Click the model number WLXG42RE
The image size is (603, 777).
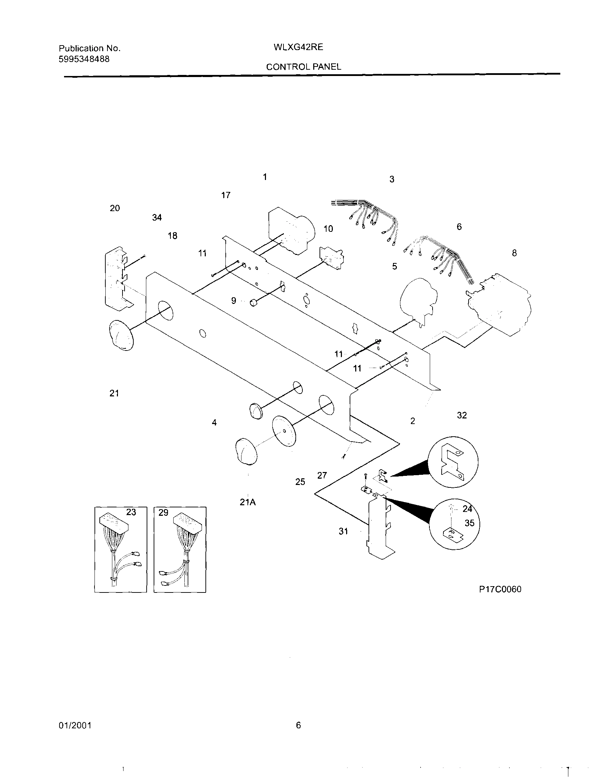[x=298, y=47]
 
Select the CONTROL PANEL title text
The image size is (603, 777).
[x=303, y=67]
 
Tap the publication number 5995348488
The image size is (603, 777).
[x=84, y=59]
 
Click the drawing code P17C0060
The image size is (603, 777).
[x=500, y=590]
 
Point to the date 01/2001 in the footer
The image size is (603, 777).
[x=75, y=726]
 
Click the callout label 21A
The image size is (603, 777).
[x=248, y=502]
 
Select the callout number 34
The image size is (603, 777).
[x=157, y=217]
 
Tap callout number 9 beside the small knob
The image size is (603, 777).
[x=233, y=301]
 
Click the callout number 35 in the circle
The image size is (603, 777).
[x=469, y=523]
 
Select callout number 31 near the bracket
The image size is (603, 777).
[x=343, y=531]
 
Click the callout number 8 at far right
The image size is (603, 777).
[x=514, y=253]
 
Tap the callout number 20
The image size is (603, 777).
[x=114, y=208]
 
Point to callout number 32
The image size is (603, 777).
[x=462, y=415]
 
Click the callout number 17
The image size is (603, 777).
[x=226, y=195]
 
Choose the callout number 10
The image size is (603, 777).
[x=328, y=229]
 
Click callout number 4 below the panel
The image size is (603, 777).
[x=214, y=423]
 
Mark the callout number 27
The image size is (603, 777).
[x=322, y=475]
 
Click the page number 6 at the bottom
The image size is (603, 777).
[x=298, y=725]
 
